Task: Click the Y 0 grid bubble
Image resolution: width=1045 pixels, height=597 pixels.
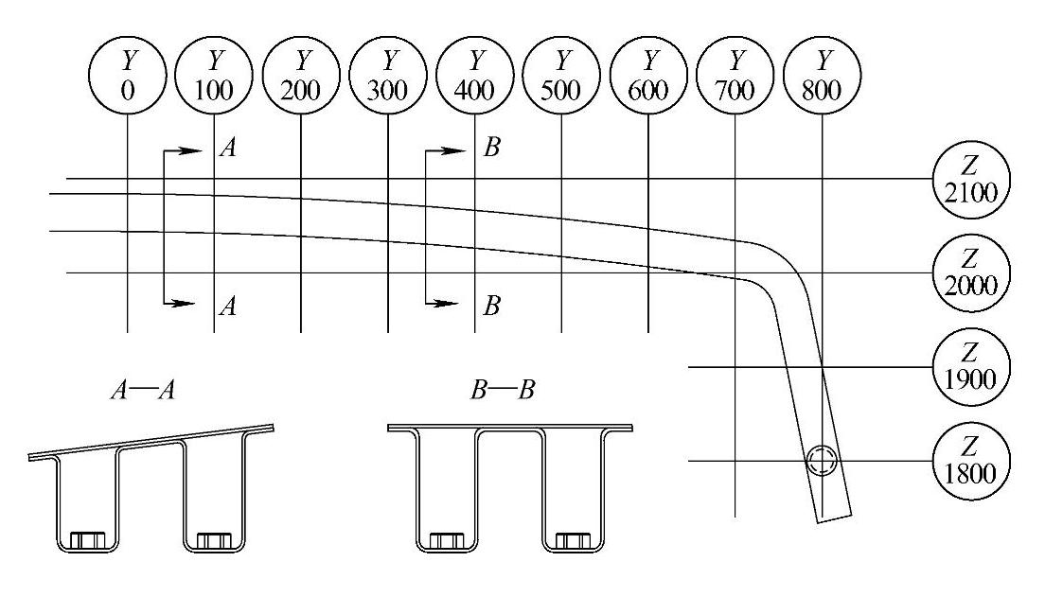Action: click(127, 77)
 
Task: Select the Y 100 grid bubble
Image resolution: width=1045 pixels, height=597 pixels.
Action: click(214, 77)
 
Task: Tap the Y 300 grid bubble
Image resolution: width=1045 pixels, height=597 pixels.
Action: click(388, 77)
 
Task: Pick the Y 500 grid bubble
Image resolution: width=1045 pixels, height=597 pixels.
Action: click(562, 77)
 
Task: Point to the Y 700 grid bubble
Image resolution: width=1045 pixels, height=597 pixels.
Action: click(735, 77)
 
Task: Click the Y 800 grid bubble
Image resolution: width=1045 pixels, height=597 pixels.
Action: click(822, 77)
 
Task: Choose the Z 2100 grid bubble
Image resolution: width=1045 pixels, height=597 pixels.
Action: click(970, 179)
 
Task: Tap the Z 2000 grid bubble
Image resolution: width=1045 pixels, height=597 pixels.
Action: click(970, 272)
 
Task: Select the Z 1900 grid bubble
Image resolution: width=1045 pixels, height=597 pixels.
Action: click(970, 366)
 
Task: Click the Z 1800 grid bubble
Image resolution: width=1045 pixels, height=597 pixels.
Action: click(970, 460)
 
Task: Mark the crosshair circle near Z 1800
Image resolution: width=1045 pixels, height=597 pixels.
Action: click(821, 463)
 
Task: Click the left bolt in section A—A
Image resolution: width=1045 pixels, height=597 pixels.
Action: click(90, 540)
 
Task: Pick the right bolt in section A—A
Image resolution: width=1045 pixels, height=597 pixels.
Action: click(214, 540)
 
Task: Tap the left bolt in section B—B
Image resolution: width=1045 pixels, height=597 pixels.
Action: click(447, 540)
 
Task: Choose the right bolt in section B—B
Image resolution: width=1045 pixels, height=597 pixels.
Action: click(572, 540)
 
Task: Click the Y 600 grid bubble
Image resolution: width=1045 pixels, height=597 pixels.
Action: click(648, 77)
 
